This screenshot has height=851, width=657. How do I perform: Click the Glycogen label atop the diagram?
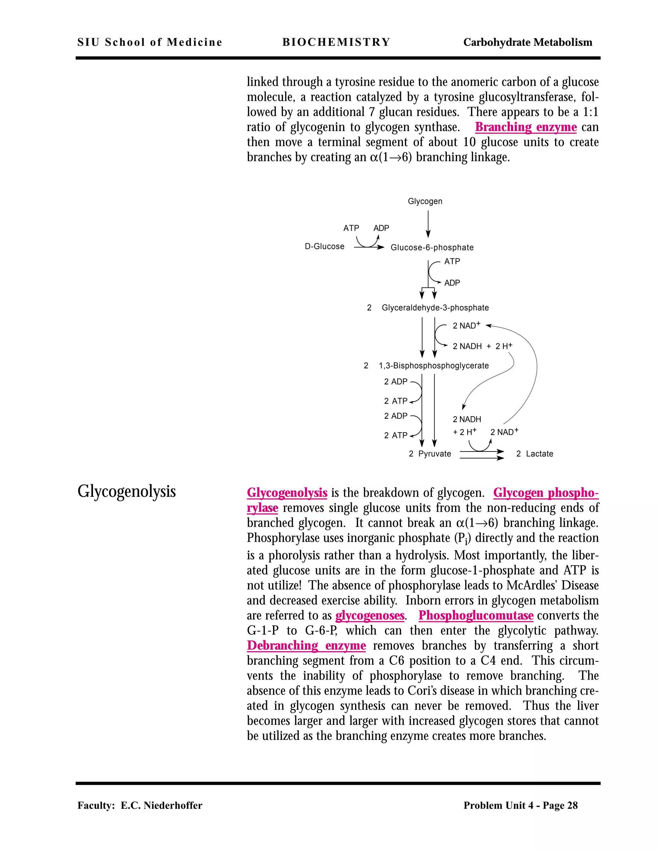coord(425,201)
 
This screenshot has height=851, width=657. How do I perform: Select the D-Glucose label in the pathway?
coord(324,246)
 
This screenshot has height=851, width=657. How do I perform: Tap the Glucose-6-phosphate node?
coord(432,247)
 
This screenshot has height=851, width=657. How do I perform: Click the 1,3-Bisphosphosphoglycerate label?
coord(434,365)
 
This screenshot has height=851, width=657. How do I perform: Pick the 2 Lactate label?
coord(534,453)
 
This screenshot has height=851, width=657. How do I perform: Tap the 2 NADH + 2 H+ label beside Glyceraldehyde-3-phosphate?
coord(482,346)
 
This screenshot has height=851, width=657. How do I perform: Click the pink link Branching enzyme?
coord(525,127)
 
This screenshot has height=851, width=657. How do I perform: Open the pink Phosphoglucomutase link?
coord(476,615)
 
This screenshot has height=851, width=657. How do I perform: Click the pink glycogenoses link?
coord(370,615)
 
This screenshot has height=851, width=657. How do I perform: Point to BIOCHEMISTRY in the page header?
coord(336,42)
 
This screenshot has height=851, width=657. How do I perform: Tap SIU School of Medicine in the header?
coord(149,42)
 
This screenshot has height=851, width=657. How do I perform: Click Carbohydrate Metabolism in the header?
coord(527,42)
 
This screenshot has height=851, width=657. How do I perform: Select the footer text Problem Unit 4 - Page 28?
coord(520,805)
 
